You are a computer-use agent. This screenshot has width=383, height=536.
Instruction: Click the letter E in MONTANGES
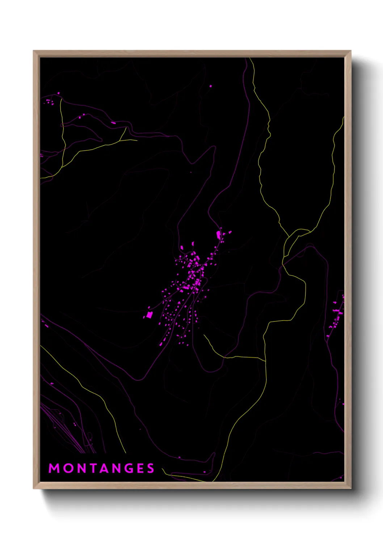tap(140, 468)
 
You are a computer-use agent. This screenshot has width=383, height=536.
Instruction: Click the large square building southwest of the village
tap(149, 315)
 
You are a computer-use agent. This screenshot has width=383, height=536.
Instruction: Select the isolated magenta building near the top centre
tap(210, 86)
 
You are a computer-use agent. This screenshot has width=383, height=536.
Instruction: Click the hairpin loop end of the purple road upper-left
tap(101, 139)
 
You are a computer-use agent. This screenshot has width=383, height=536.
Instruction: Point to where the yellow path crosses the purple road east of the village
tap(283, 266)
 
